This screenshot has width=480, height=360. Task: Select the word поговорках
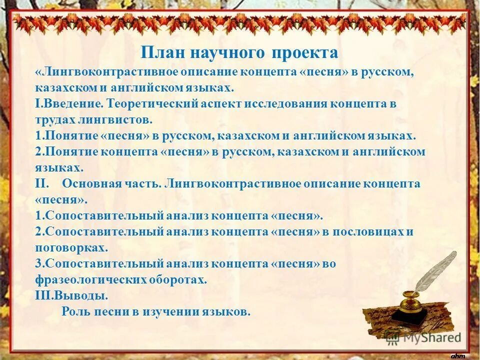[x=70, y=247]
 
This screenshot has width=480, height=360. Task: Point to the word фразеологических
[x=90, y=279]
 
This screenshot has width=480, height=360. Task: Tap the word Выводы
[x=79, y=295]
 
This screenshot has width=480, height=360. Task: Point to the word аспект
[x=222, y=103]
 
